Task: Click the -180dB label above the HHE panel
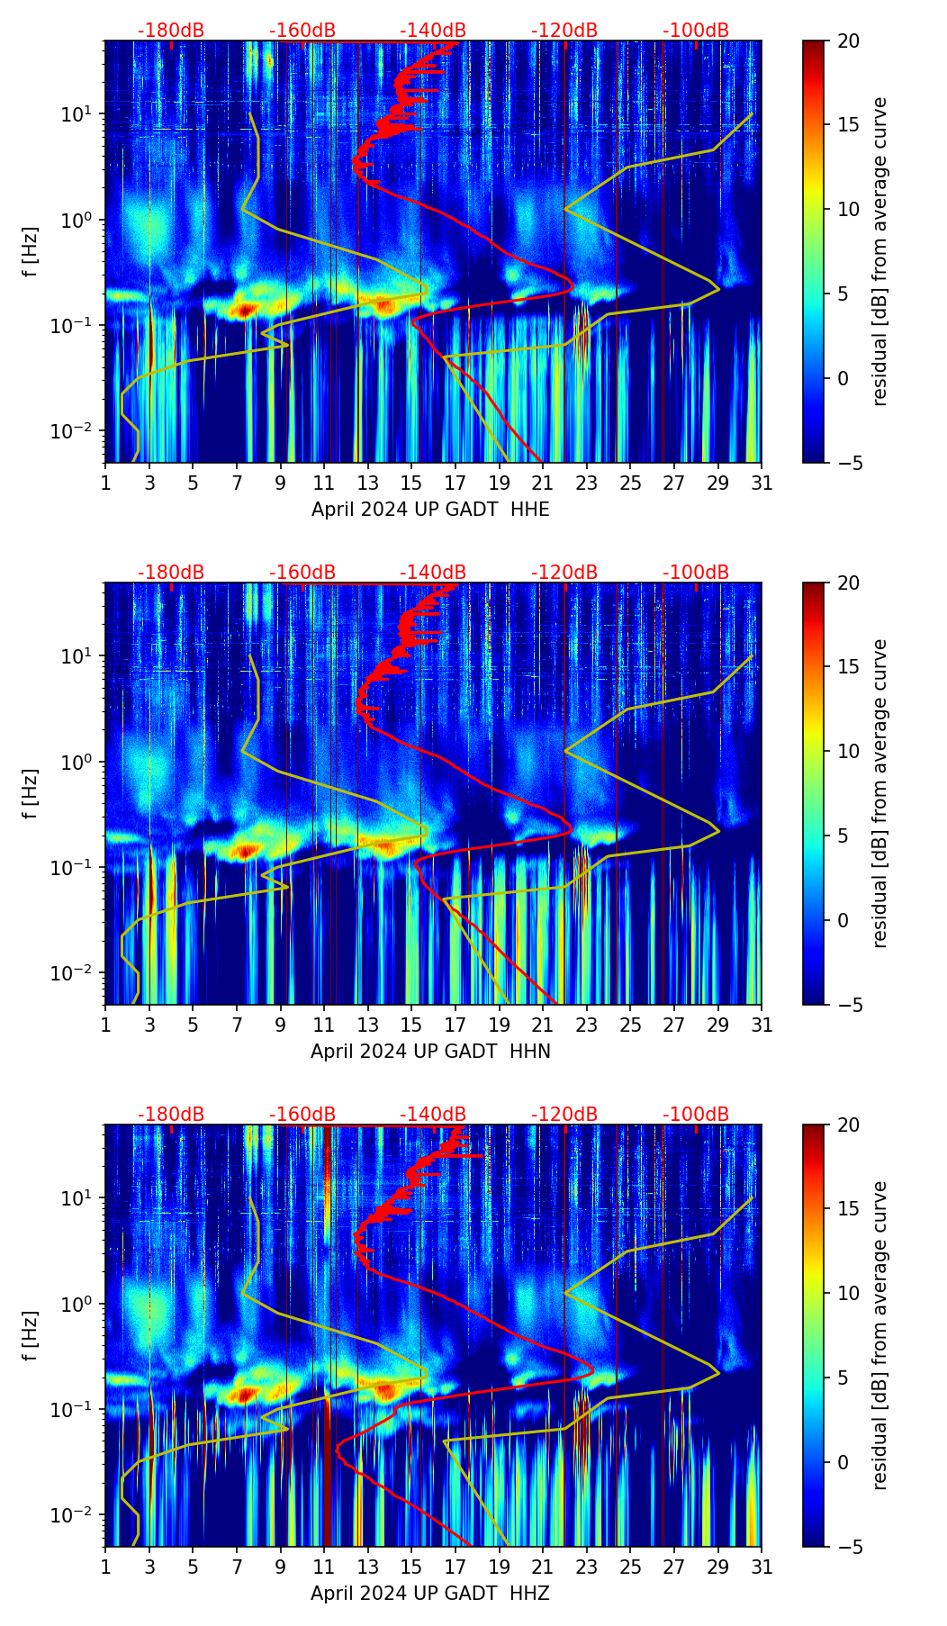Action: coord(171,31)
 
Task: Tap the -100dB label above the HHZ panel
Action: coord(696,1115)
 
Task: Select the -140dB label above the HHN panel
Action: coord(433,573)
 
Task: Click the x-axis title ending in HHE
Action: coord(430,510)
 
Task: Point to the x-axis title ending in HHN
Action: coord(430,1052)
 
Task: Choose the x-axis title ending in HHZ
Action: coord(430,1594)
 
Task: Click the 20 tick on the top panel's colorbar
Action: coord(848,41)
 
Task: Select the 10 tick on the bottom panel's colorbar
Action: coord(848,1293)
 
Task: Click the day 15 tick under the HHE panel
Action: coord(411,483)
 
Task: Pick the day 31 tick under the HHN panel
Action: coord(762,1025)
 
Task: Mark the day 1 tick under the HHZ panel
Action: coord(105,1567)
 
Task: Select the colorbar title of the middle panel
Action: coord(880,793)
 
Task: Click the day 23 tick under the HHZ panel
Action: coord(586,1567)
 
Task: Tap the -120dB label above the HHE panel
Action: coord(564,31)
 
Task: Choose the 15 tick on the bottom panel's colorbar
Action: coord(848,1208)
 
